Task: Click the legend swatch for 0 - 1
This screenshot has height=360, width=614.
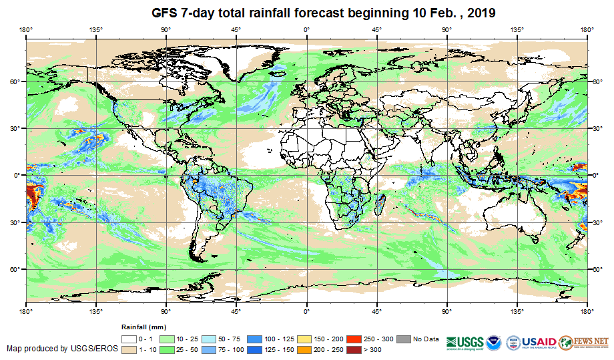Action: (x=129, y=339)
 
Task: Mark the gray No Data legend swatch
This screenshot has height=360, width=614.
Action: (x=404, y=339)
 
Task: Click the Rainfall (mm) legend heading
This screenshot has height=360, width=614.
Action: (x=143, y=327)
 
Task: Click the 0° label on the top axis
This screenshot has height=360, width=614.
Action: (x=306, y=29)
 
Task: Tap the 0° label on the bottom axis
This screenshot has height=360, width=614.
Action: (x=306, y=311)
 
